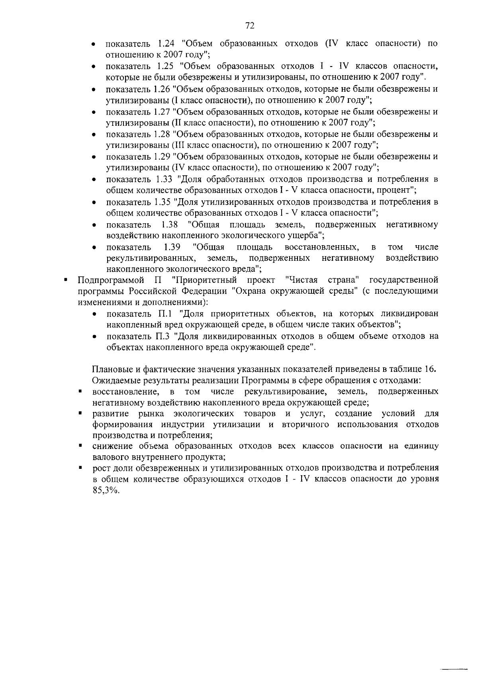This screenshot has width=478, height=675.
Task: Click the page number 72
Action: tap(250, 26)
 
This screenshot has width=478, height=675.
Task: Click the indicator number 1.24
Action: tap(167, 44)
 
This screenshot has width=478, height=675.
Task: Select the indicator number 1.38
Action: tap(170, 224)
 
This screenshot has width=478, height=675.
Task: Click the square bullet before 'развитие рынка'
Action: tap(80, 414)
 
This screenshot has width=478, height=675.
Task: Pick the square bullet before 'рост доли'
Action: tap(80, 468)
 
